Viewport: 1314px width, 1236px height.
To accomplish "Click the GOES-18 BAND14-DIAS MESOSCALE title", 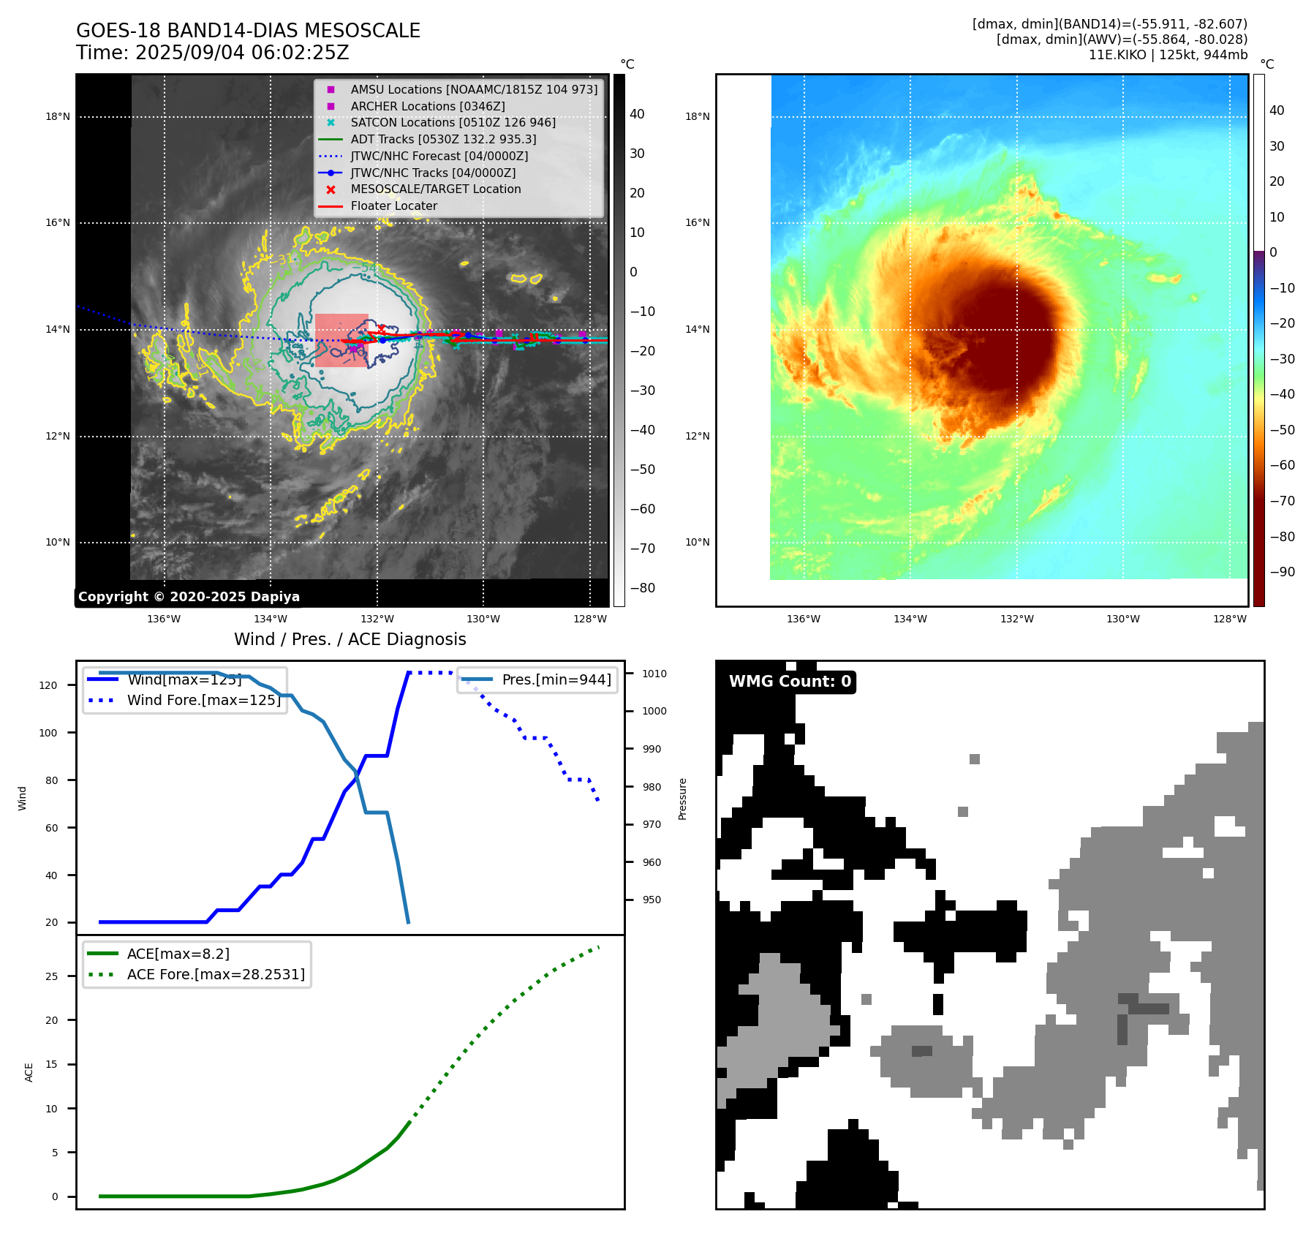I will click(248, 31).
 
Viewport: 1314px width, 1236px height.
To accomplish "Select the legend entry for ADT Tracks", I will click(443, 139).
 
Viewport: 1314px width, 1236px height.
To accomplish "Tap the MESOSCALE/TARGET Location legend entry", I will click(436, 189).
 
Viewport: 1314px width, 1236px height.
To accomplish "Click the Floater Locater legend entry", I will click(393, 206).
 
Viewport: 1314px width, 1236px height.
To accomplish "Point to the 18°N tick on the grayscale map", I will click(58, 116).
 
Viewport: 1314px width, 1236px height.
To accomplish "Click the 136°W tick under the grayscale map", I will click(164, 619).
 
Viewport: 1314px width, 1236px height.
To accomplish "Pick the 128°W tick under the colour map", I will click(1230, 619).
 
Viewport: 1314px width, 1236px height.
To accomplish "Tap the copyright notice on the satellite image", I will click(189, 597).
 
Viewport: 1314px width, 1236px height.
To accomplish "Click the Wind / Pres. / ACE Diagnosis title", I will click(350, 639).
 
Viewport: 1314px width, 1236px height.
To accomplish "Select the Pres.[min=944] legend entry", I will click(556, 679).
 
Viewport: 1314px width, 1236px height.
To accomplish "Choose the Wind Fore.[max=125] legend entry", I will click(203, 700).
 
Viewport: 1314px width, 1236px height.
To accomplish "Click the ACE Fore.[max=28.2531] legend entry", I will click(216, 974).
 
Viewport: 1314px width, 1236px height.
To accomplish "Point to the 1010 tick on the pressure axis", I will click(654, 674).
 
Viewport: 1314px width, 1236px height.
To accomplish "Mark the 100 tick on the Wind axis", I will click(48, 733).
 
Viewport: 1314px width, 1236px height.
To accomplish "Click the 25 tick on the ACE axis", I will click(51, 976).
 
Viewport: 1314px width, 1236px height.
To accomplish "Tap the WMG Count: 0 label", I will click(790, 682).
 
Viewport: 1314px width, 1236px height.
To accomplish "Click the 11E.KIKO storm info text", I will click(1168, 55).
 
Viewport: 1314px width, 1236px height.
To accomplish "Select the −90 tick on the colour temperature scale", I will click(1282, 572).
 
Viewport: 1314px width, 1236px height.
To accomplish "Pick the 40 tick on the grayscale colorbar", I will click(637, 114).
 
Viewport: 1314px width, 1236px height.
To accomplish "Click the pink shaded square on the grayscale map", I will click(341, 340).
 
